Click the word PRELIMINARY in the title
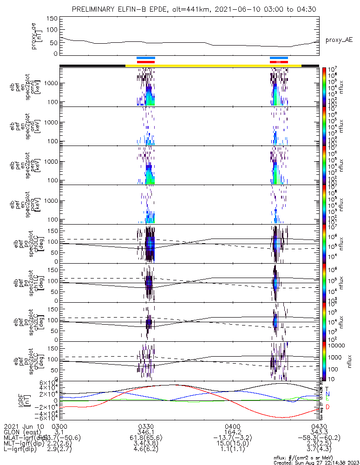(95, 9)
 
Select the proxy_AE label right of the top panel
(339, 40)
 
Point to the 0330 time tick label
(146, 426)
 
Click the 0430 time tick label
(319, 426)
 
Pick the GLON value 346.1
(146, 432)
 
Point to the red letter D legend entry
(327, 407)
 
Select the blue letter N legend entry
(327, 393)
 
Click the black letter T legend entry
(327, 388)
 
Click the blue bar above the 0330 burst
(146, 58)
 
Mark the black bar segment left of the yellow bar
(92, 66)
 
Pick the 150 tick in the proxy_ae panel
(52, 19)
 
